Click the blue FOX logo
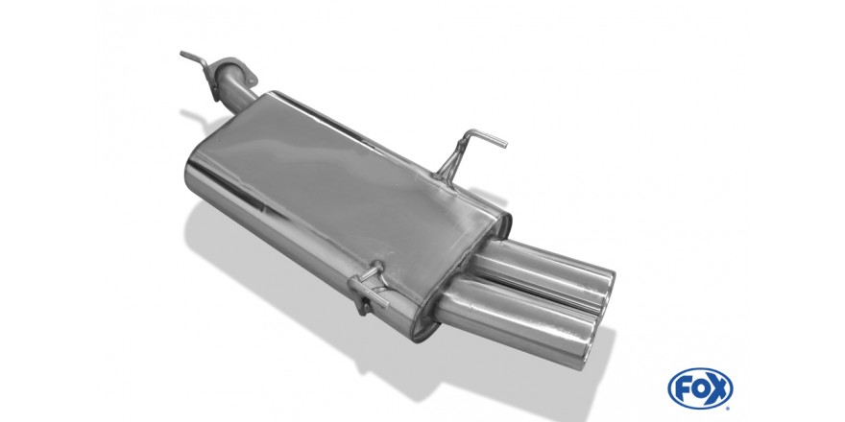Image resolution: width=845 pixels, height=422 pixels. [700, 388]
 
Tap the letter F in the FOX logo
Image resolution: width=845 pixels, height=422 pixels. [683, 388]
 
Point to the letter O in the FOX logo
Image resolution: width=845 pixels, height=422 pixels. [699, 388]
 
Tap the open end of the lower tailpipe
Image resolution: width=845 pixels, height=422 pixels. [591, 343]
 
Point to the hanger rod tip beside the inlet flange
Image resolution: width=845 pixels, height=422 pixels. [182, 54]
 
